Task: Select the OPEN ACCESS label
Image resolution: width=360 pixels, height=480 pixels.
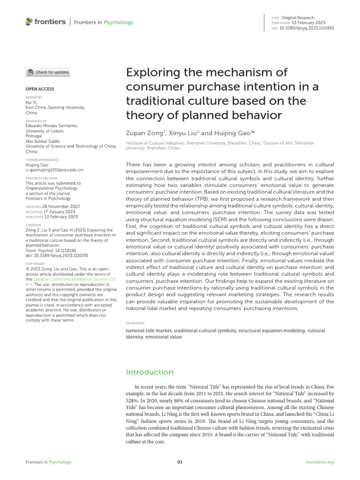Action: click(x=39, y=89)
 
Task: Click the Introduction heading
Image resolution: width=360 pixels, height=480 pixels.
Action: click(x=150, y=372)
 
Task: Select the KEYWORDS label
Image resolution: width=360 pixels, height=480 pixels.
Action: click(x=135, y=323)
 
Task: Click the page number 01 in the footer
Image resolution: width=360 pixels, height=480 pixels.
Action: click(x=180, y=462)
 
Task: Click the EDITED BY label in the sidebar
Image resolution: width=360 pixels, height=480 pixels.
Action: click(x=33, y=97)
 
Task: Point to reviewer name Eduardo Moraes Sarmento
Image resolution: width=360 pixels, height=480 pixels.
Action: click(x=52, y=126)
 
